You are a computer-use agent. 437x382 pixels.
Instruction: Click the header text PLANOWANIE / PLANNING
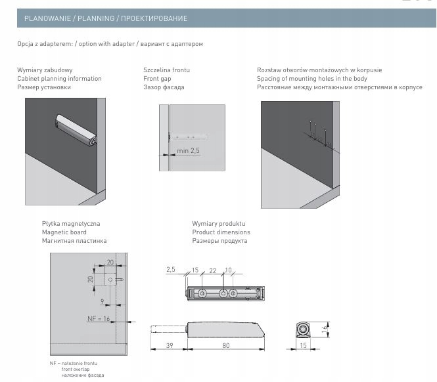coord(70,18)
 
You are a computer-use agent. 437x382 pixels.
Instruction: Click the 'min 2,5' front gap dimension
coord(188,150)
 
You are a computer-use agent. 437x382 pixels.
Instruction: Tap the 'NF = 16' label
coord(99,318)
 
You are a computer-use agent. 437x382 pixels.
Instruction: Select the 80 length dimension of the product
coord(226,345)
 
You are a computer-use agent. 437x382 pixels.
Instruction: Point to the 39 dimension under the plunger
coord(170,345)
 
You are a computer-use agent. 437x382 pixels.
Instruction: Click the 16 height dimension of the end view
coord(324,329)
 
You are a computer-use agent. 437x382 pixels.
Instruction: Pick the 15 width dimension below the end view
coord(303,345)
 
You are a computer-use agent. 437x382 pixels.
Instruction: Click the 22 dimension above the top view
coord(213,270)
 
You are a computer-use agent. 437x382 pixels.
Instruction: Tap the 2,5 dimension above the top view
coord(171,269)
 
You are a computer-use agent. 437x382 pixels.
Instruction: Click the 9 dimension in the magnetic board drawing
coord(103,301)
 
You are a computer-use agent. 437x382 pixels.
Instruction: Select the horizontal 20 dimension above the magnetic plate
coord(110,262)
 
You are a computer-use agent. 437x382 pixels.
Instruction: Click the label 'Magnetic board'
coord(64,232)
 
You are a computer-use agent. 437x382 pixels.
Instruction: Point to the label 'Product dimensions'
coord(221,232)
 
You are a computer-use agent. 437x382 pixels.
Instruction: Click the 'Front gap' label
coord(157,79)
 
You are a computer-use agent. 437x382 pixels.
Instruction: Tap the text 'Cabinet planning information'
coord(59,79)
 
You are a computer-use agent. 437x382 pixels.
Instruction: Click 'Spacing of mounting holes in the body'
coord(312,79)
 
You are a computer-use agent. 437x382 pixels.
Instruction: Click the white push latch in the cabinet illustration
coord(76,129)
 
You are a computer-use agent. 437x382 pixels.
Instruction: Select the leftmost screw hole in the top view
coord(202,293)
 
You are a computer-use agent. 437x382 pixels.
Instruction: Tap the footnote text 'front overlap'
coord(76,369)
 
